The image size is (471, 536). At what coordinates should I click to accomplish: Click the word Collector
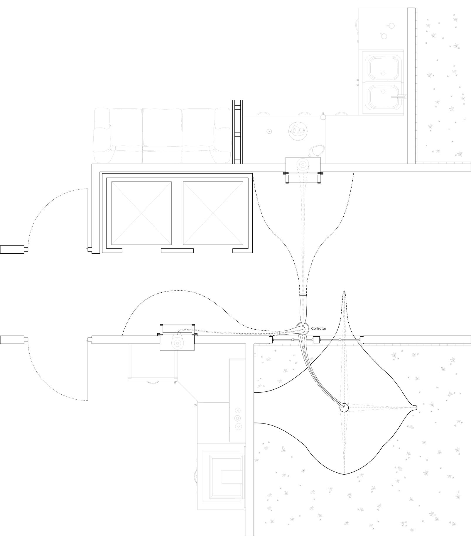coord(319,329)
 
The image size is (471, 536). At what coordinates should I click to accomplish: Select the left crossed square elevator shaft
coord(141,213)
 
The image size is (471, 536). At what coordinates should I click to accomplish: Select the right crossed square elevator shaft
coord(213,213)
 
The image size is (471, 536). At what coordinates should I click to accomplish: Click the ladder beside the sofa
coord(237,132)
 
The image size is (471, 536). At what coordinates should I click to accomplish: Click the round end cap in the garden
coord(343,408)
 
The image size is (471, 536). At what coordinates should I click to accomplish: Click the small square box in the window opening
coord(316,340)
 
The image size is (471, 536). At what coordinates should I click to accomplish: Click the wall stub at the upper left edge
coord(13,250)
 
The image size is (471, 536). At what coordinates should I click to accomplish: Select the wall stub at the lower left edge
coord(13,340)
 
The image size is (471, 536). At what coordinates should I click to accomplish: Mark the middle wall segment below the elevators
coord(177,251)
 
